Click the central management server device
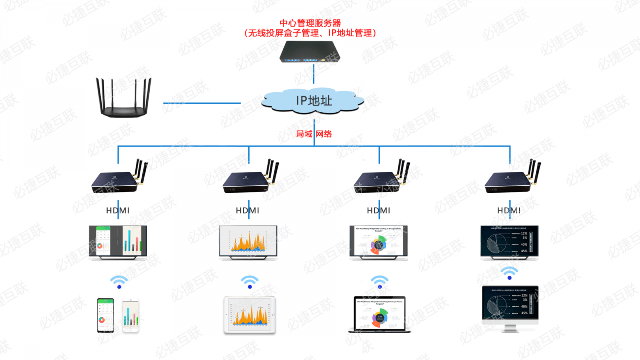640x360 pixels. (x=310, y=52)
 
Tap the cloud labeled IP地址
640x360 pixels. (x=314, y=101)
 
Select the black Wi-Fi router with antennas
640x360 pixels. (x=124, y=98)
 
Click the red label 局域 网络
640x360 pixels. (x=314, y=134)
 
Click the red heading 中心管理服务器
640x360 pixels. (x=310, y=23)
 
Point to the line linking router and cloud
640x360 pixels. (x=202, y=103)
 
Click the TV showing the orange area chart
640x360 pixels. (x=248, y=242)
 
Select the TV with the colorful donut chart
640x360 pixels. (x=378, y=242)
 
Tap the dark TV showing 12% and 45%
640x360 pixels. (x=509, y=242)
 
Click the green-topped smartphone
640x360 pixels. (x=106, y=315)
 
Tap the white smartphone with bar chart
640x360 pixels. (x=130, y=315)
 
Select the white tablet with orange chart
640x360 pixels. (x=250, y=315)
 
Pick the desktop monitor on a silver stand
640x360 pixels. (x=510, y=308)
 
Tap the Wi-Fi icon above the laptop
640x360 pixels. (x=380, y=282)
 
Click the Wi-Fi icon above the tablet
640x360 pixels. (x=250, y=282)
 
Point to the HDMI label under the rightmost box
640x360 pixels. (x=509, y=210)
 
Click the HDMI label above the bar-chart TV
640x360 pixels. (x=118, y=210)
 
